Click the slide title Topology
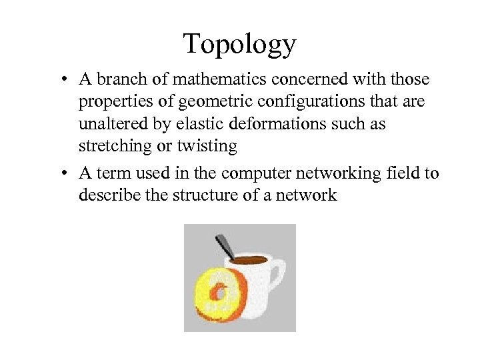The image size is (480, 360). tap(239, 45)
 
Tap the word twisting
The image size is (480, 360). tap(210, 146)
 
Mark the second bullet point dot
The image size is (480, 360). tap(61, 175)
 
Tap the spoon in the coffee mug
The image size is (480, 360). tap(225, 247)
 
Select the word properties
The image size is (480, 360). tap(115, 102)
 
